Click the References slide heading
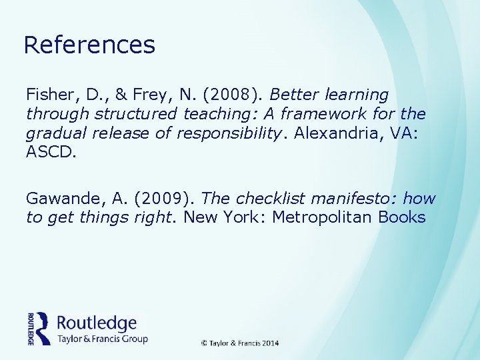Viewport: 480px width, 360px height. click(x=89, y=45)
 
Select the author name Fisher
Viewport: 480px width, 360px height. click(x=47, y=95)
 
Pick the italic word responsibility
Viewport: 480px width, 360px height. click(x=226, y=132)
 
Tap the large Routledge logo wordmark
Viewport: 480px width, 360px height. click(x=97, y=323)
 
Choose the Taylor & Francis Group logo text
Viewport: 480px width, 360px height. click(x=102, y=339)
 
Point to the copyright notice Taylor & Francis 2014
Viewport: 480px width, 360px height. click(x=240, y=343)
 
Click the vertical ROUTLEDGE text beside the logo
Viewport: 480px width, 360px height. click(x=31, y=328)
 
